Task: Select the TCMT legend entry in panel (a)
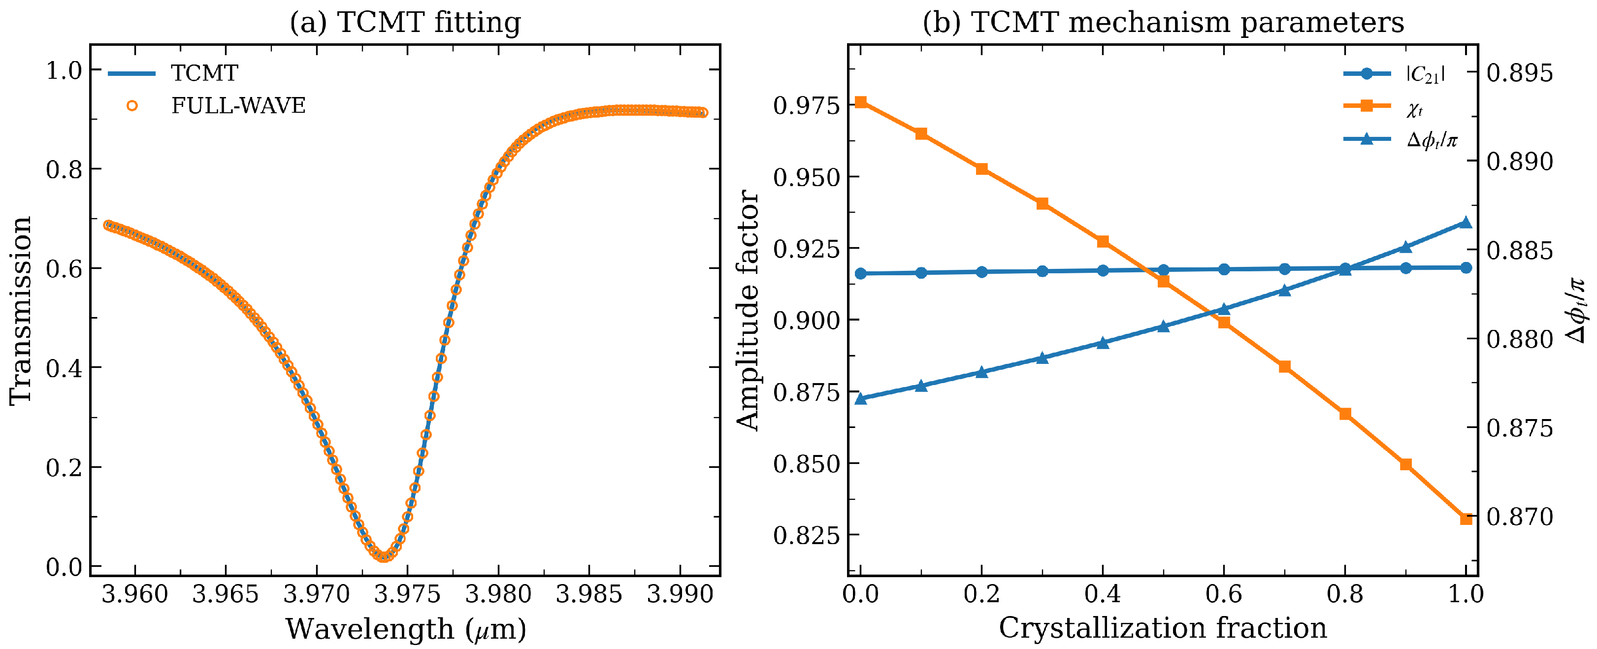click(x=173, y=73)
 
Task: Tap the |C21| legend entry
click(x=1395, y=74)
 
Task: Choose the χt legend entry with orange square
click(x=1384, y=107)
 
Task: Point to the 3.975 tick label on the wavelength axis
click(x=407, y=594)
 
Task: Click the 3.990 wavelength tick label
click(x=680, y=594)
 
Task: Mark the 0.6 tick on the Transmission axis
click(x=64, y=268)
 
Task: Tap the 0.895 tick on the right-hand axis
click(x=1520, y=73)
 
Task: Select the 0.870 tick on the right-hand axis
click(x=1520, y=517)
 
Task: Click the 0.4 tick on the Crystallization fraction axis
click(x=1102, y=594)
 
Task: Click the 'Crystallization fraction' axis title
click(x=1163, y=628)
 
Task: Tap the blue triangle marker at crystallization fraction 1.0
click(x=1466, y=223)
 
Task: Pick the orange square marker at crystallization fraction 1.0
click(x=1466, y=519)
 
